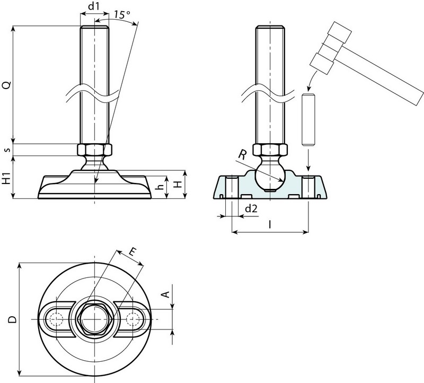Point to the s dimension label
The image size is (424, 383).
7,150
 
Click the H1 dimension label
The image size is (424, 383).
6,178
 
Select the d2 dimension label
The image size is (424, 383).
251,209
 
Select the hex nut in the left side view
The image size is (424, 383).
94,150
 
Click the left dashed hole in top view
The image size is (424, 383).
54,319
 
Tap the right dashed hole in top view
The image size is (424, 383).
136,319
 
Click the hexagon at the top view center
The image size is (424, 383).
94,319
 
